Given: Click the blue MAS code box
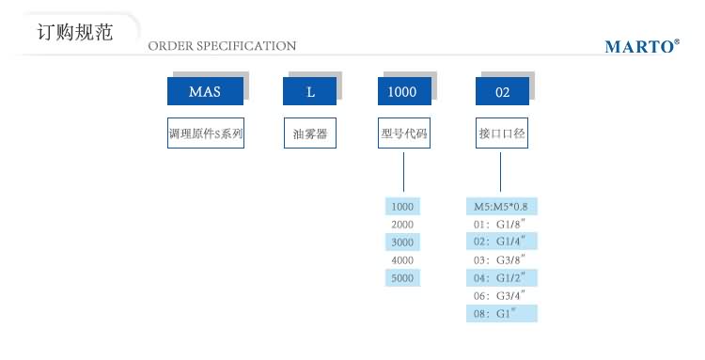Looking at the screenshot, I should [206, 91].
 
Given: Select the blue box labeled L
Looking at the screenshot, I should [310, 91].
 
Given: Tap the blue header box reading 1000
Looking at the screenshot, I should [403, 91].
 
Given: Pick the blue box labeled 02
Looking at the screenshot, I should [502, 91].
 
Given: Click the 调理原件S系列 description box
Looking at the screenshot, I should [206, 133].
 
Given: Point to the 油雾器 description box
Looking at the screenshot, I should [310, 133].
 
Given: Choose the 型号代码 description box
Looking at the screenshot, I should [403, 133].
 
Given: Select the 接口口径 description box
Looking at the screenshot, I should [502, 133].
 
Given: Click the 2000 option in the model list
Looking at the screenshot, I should [402, 225].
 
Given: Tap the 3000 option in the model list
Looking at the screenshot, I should [402, 243].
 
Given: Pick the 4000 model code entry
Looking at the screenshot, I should [402, 259].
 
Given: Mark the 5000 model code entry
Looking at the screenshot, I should [402, 277].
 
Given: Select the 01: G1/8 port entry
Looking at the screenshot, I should [503, 225].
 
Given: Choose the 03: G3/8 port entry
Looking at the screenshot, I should [503, 259].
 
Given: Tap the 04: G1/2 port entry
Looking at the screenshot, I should [503, 277].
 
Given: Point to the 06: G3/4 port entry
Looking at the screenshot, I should [503, 294].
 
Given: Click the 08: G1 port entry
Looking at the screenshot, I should [503, 312].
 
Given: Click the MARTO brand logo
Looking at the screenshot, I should [642, 45].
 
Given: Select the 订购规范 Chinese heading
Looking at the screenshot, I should [74, 32].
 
